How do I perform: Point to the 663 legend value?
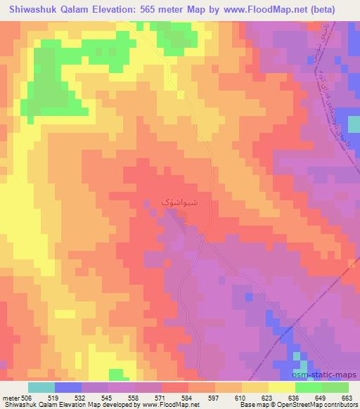(347, 397)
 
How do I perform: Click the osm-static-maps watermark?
(330, 375)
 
